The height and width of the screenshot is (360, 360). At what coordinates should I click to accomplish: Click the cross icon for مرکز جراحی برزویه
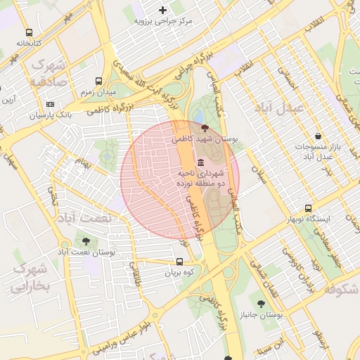tap(163, 10)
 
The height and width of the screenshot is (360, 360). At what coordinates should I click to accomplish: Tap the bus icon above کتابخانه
tap(29, 32)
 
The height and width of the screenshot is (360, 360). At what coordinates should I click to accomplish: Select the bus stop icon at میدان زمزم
tap(98, 81)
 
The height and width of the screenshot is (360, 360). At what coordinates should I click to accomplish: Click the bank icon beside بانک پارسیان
tap(50, 103)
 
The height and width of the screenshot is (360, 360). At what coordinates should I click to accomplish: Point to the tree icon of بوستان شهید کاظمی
tap(205, 128)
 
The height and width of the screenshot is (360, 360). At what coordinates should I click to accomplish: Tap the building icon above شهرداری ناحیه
tap(201, 162)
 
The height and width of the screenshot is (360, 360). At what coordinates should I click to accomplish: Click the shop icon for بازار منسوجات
tap(318, 135)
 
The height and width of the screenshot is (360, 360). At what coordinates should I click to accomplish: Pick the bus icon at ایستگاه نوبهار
tap(308, 208)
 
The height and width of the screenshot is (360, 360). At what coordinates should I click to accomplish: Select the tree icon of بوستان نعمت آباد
tap(86, 241)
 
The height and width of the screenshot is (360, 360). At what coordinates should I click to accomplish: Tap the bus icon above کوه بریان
tap(179, 262)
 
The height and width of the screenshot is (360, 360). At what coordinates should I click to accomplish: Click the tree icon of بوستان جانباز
tap(261, 304)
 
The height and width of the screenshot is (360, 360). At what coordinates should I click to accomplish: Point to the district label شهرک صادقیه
tap(48, 73)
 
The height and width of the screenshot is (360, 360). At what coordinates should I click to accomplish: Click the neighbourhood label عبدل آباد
tap(279, 108)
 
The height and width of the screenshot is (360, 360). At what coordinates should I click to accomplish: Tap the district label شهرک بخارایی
tap(30, 277)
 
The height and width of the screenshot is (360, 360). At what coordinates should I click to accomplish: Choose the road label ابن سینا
tap(271, 345)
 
